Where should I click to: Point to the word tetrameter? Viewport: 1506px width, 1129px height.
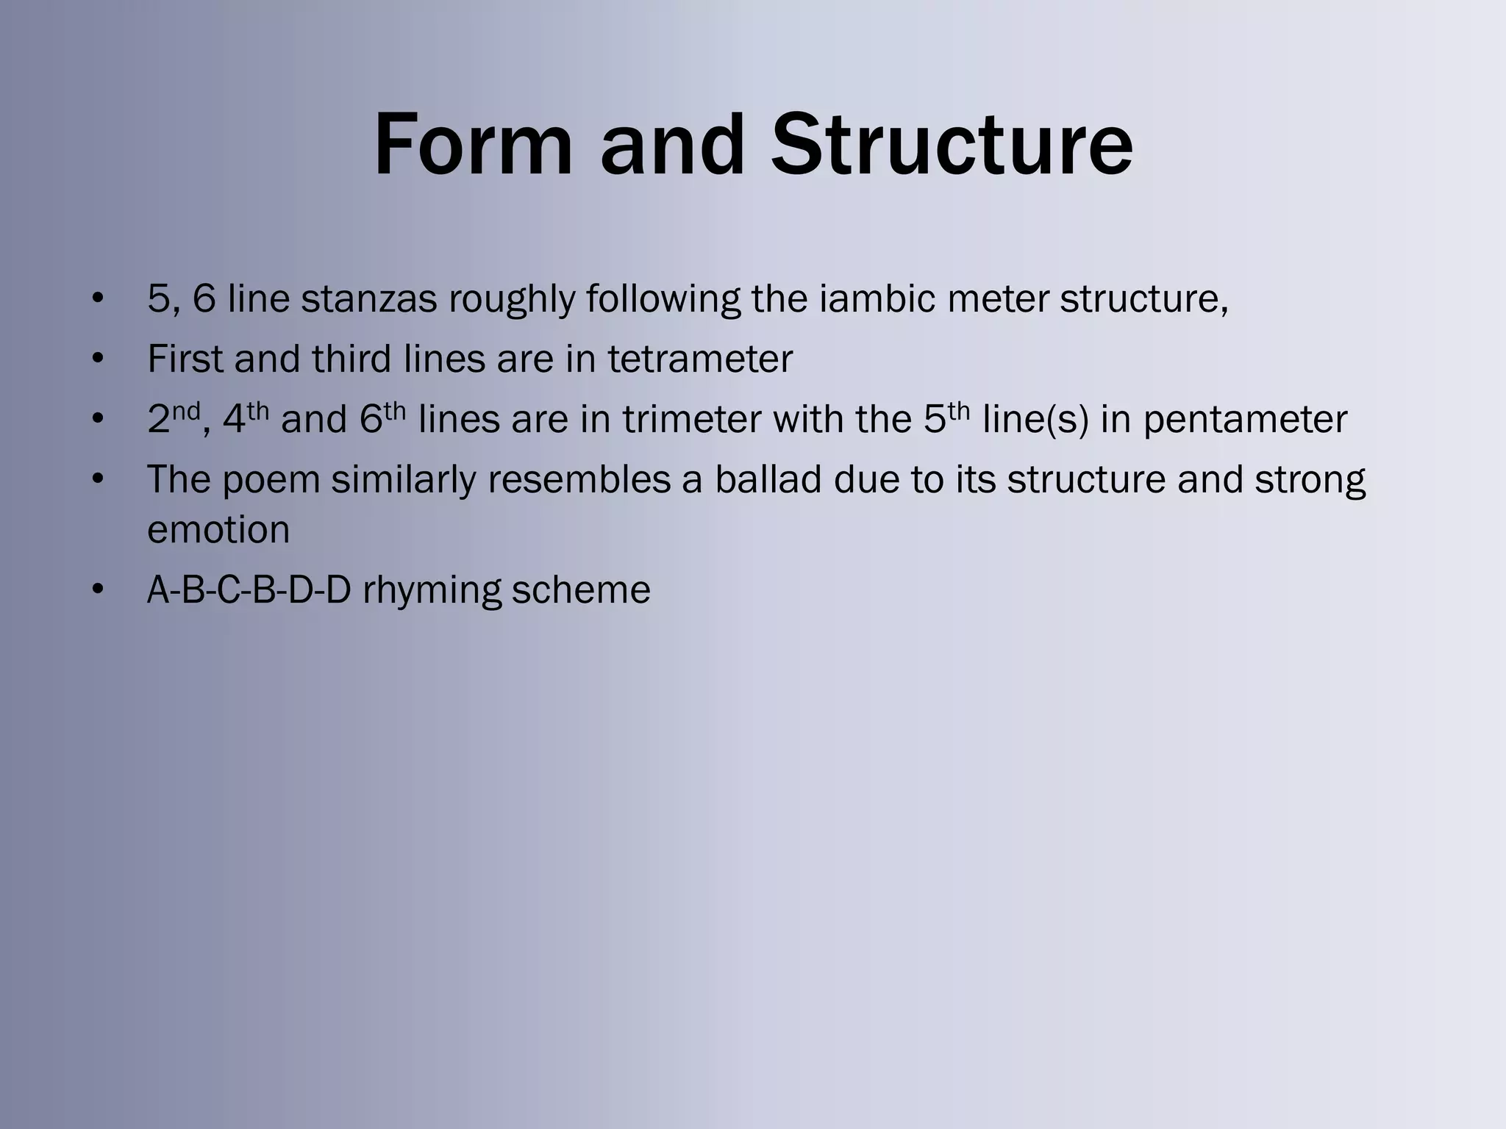click(x=699, y=359)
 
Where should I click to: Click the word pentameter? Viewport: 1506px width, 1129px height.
click(x=1245, y=419)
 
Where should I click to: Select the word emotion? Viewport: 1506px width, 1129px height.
click(x=218, y=529)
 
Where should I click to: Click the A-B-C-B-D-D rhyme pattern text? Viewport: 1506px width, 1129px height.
click(x=249, y=589)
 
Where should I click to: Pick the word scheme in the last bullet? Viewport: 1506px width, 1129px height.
click(x=581, y=589)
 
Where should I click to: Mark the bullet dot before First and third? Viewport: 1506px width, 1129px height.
click(x=98, y=359)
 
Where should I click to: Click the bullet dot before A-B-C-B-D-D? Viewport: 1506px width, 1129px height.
click(x=98, y=590)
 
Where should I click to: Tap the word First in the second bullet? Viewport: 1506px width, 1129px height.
click(x=185, y=359)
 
